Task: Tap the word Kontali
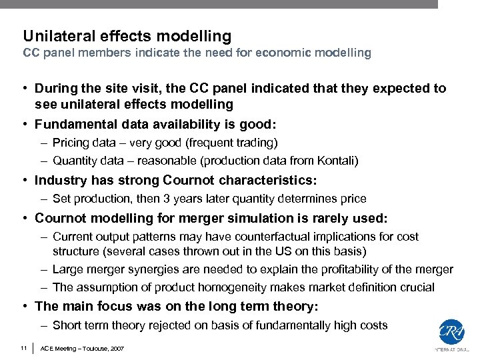coord(341,161)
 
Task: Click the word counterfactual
coord(279,237)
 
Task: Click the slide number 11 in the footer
coord(23,347)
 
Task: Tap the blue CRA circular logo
coord(451,333)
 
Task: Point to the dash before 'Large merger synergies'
coord(43,269)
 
